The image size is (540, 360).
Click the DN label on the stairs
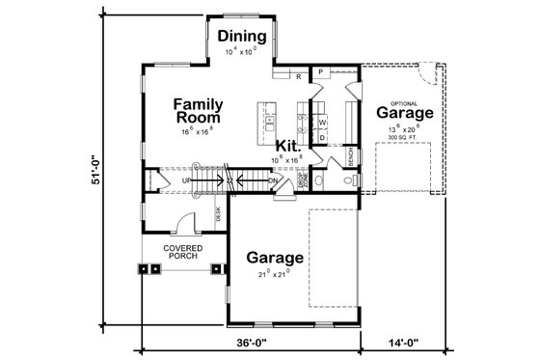point(273,180)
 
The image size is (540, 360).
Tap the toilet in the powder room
point(354,180)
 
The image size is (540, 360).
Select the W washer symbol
point(323,124)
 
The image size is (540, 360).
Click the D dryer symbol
point(323,137)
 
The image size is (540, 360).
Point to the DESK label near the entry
point(218,214)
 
